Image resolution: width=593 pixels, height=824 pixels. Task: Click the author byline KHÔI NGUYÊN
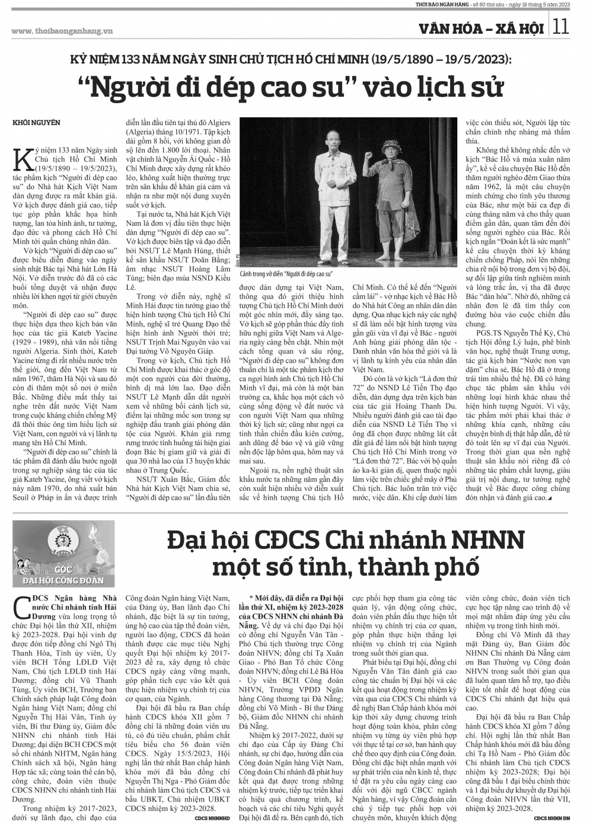pyautogui.click(x=36, y=122)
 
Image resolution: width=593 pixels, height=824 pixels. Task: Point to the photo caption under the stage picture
pyautogui.click(x=286, y=274)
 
